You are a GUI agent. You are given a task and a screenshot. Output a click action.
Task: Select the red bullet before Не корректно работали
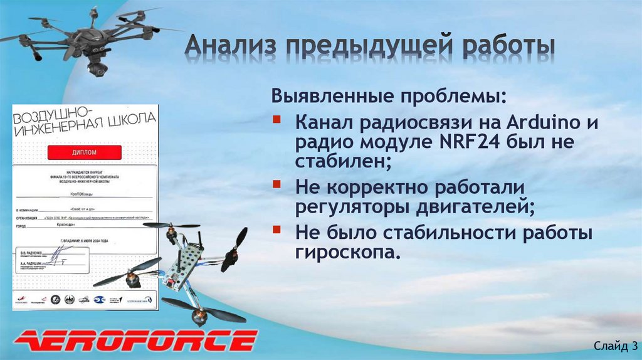pyautogui.click(x=277, y=185)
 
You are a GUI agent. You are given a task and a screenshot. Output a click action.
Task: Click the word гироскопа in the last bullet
pyautogui.click(x=345, y=252)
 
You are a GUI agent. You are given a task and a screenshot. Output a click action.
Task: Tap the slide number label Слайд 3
pyautogui.click(x=615, y=345)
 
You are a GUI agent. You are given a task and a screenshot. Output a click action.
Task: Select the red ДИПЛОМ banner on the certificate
pyautogui.click(x=83, y=152)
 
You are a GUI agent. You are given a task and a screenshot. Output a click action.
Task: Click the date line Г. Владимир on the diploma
pyautogui.click(x=82, y=240)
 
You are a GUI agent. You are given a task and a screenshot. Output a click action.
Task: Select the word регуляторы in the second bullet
pyautogui.click(x=352, y=206)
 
